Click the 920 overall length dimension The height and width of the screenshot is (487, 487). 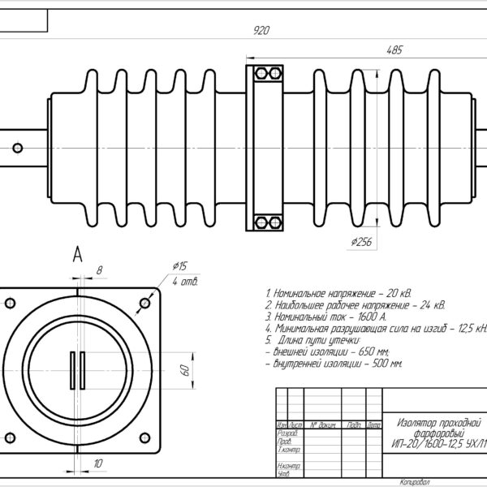[x=261, y=30]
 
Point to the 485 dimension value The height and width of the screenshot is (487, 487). [x=394, y=50]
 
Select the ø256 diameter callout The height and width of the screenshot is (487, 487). [x=361, y=241]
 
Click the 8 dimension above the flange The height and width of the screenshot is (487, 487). [x=99, y=269]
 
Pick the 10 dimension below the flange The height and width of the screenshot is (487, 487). [x=99, y=463]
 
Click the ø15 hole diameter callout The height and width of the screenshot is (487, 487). [x=180, y=266]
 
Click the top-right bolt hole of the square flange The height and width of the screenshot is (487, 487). [x=144, y=304]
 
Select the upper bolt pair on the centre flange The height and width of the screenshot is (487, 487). [x=263, y=74]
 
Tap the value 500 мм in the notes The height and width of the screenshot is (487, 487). [x=386, y=364]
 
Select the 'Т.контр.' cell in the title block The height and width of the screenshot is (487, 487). [x=290, y=449]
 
